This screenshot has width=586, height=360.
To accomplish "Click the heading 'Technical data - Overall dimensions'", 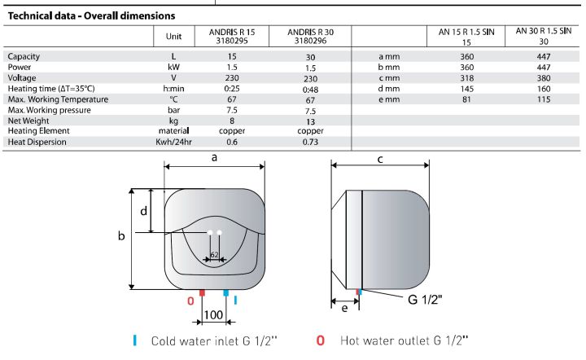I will (x=90, y=15).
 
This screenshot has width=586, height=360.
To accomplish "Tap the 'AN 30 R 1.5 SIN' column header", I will (x=543, y=35).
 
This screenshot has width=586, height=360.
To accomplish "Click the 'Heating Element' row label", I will (x=39, y=130).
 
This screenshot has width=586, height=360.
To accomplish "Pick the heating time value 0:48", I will (x=310, y=88).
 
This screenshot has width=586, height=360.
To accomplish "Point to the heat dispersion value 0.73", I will (x=310, y=142).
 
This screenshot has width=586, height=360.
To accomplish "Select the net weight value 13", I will (x=310, y=120).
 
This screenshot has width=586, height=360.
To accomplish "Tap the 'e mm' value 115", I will (x=543, y=99).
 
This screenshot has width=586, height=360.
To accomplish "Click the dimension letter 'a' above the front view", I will (x=214, y=159).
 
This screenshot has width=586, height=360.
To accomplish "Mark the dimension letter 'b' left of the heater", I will (x=121, y=236).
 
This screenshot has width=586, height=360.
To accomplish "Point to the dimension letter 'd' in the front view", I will (x=143, y=211).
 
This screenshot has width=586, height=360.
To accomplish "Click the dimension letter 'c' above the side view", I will (x=380, y=159).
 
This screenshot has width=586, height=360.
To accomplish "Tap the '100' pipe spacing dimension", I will (x=214, y=314).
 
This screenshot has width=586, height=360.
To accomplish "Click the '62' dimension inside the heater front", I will (x=214, y=255).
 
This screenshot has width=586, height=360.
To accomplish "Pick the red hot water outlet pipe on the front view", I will (x=202, y=292).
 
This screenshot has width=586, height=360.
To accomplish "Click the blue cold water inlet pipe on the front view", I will (x=226, y=292).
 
